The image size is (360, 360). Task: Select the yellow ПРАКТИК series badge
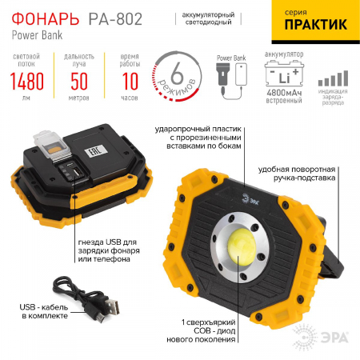tap(315, 23)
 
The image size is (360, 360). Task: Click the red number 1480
tap(28, 82)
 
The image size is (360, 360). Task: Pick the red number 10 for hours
tap(129, 82)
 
